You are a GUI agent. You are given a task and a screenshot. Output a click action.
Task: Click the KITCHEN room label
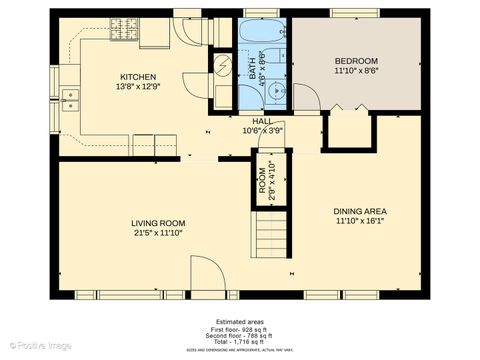click(x=137, y=77)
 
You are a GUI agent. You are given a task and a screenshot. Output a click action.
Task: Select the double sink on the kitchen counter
click(x=70, y=98)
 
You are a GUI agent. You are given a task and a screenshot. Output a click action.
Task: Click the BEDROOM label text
click(x=356, y=61)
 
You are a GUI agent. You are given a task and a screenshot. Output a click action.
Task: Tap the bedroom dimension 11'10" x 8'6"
click(x=356, y=71)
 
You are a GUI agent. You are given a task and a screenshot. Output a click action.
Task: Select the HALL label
click(x=263, y=120)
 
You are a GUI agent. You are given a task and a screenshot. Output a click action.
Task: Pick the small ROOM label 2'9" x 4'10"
click(x=268, y=178)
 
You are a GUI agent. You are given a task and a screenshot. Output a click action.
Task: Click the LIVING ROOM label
click(x=158, y=223)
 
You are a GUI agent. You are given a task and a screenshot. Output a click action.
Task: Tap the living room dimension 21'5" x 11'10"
click(x=158, y=233)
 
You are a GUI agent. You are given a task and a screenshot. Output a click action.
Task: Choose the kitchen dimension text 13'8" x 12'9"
click(x=137, y=87)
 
